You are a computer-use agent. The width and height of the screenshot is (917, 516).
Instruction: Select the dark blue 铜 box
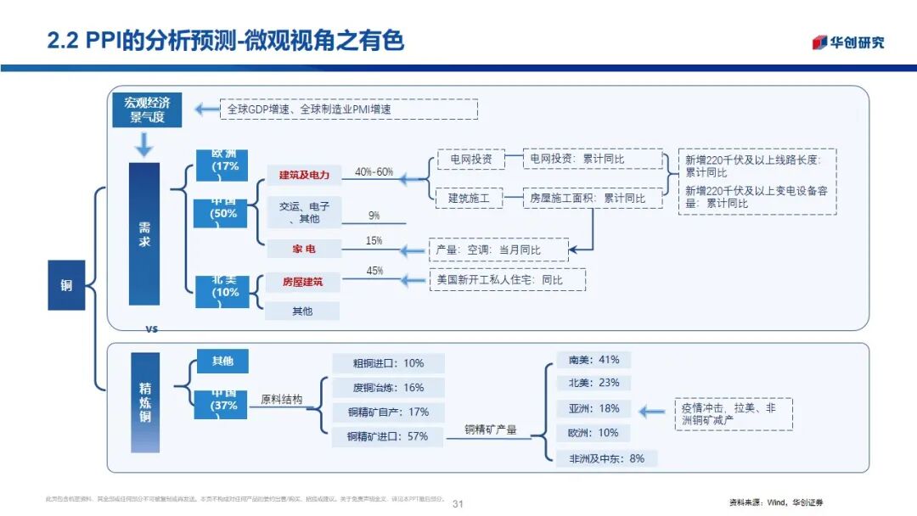[x=66, y=285]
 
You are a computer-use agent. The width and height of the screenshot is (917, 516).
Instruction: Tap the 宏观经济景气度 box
[x=147, y=110]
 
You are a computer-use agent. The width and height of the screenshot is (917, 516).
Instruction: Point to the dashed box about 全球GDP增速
[x=349, y=109]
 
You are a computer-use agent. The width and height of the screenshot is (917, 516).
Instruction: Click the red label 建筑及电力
[x=303, y=175]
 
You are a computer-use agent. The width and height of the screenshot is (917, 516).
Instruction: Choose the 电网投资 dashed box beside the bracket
[x=470, y=159]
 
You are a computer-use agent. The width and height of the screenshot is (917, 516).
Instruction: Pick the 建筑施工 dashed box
[x=470, y=199]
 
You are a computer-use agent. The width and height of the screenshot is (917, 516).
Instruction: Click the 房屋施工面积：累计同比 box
[x=592, y=199]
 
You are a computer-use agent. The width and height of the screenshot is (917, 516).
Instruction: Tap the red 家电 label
[x=303, y=249]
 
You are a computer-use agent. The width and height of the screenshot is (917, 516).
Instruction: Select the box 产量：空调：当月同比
[x=497, y=250]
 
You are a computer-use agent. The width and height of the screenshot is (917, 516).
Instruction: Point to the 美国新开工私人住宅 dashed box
[x=508, y=279]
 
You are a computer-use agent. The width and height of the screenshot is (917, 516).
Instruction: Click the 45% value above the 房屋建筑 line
[x=374, y=271]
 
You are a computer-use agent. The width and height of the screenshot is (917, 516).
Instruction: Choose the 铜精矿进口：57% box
[x=387, y=436]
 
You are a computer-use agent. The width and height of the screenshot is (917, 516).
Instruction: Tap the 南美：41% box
[x=594, y=359]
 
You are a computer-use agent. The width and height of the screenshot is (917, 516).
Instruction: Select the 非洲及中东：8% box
[x=606, y=458]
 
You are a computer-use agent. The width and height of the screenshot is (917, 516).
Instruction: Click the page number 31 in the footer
[x=458, y=503]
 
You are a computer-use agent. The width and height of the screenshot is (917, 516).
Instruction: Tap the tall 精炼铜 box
[x=144, y=403]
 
